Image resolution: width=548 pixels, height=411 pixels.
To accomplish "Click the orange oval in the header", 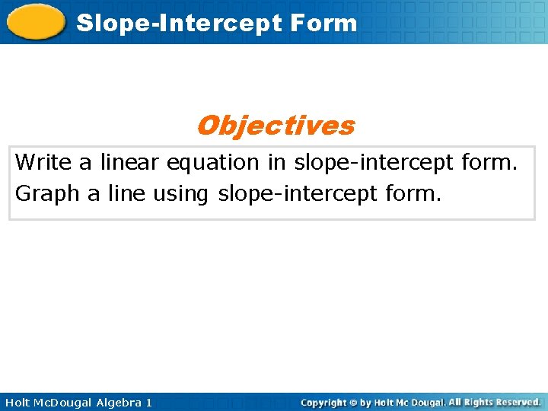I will pyautogui.click(x=36, y=21).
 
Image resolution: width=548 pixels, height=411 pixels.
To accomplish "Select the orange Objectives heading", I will pyautogui.click(x=275, y=125).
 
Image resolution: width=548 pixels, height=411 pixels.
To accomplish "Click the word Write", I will pyautogui.click(x=43, y=162).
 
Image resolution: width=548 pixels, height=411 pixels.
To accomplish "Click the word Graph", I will pyautogui.click(x=47, y=194).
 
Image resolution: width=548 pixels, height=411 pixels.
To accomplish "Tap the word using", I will pyautogui.click(x=180, y=195).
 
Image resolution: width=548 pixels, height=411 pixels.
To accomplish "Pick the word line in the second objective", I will pyautogui.click(x=126, y=194).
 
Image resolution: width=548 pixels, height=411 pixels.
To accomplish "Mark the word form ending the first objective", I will pyautogui.click(x=490, y=163).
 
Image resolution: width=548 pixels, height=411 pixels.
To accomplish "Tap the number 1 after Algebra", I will pyautogui.click(x=148, y=402).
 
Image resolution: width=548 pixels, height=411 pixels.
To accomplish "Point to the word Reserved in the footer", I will pyautogui.click(x=515, y=402).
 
